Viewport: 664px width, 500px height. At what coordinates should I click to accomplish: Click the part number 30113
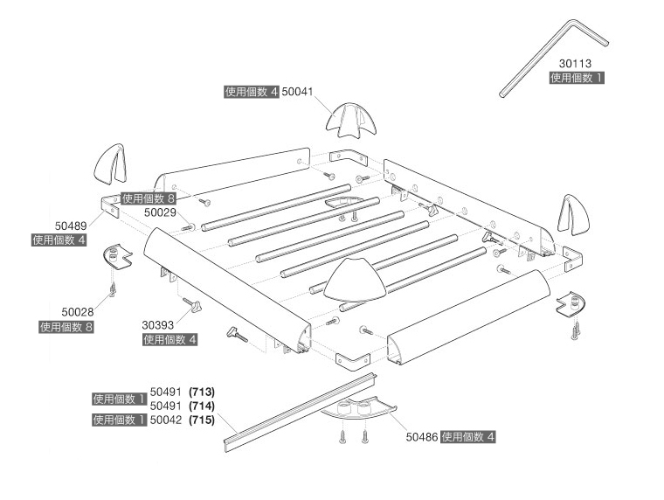tap(577, 64)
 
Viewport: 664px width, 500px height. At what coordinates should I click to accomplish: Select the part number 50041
tap(299, 91)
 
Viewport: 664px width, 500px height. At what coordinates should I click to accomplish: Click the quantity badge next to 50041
tap(252, 91)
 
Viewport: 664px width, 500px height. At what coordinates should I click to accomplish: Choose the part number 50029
tap(161, 212)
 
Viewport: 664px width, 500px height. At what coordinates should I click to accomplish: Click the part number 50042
tap(167, 420)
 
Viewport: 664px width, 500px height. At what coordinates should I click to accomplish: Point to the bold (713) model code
tap(201, 392)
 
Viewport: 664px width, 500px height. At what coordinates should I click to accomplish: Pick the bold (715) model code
tap(201, 420)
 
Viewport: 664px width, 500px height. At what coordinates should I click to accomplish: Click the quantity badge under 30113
tap(577, 78)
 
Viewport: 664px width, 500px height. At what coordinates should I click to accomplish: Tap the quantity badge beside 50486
tap(468, 436)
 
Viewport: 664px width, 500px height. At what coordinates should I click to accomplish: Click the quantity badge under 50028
tap(66, 326)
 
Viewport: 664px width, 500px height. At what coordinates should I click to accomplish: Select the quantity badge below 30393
tap(169, 339)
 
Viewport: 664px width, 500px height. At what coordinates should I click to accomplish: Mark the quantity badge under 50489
tap(59, 239)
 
